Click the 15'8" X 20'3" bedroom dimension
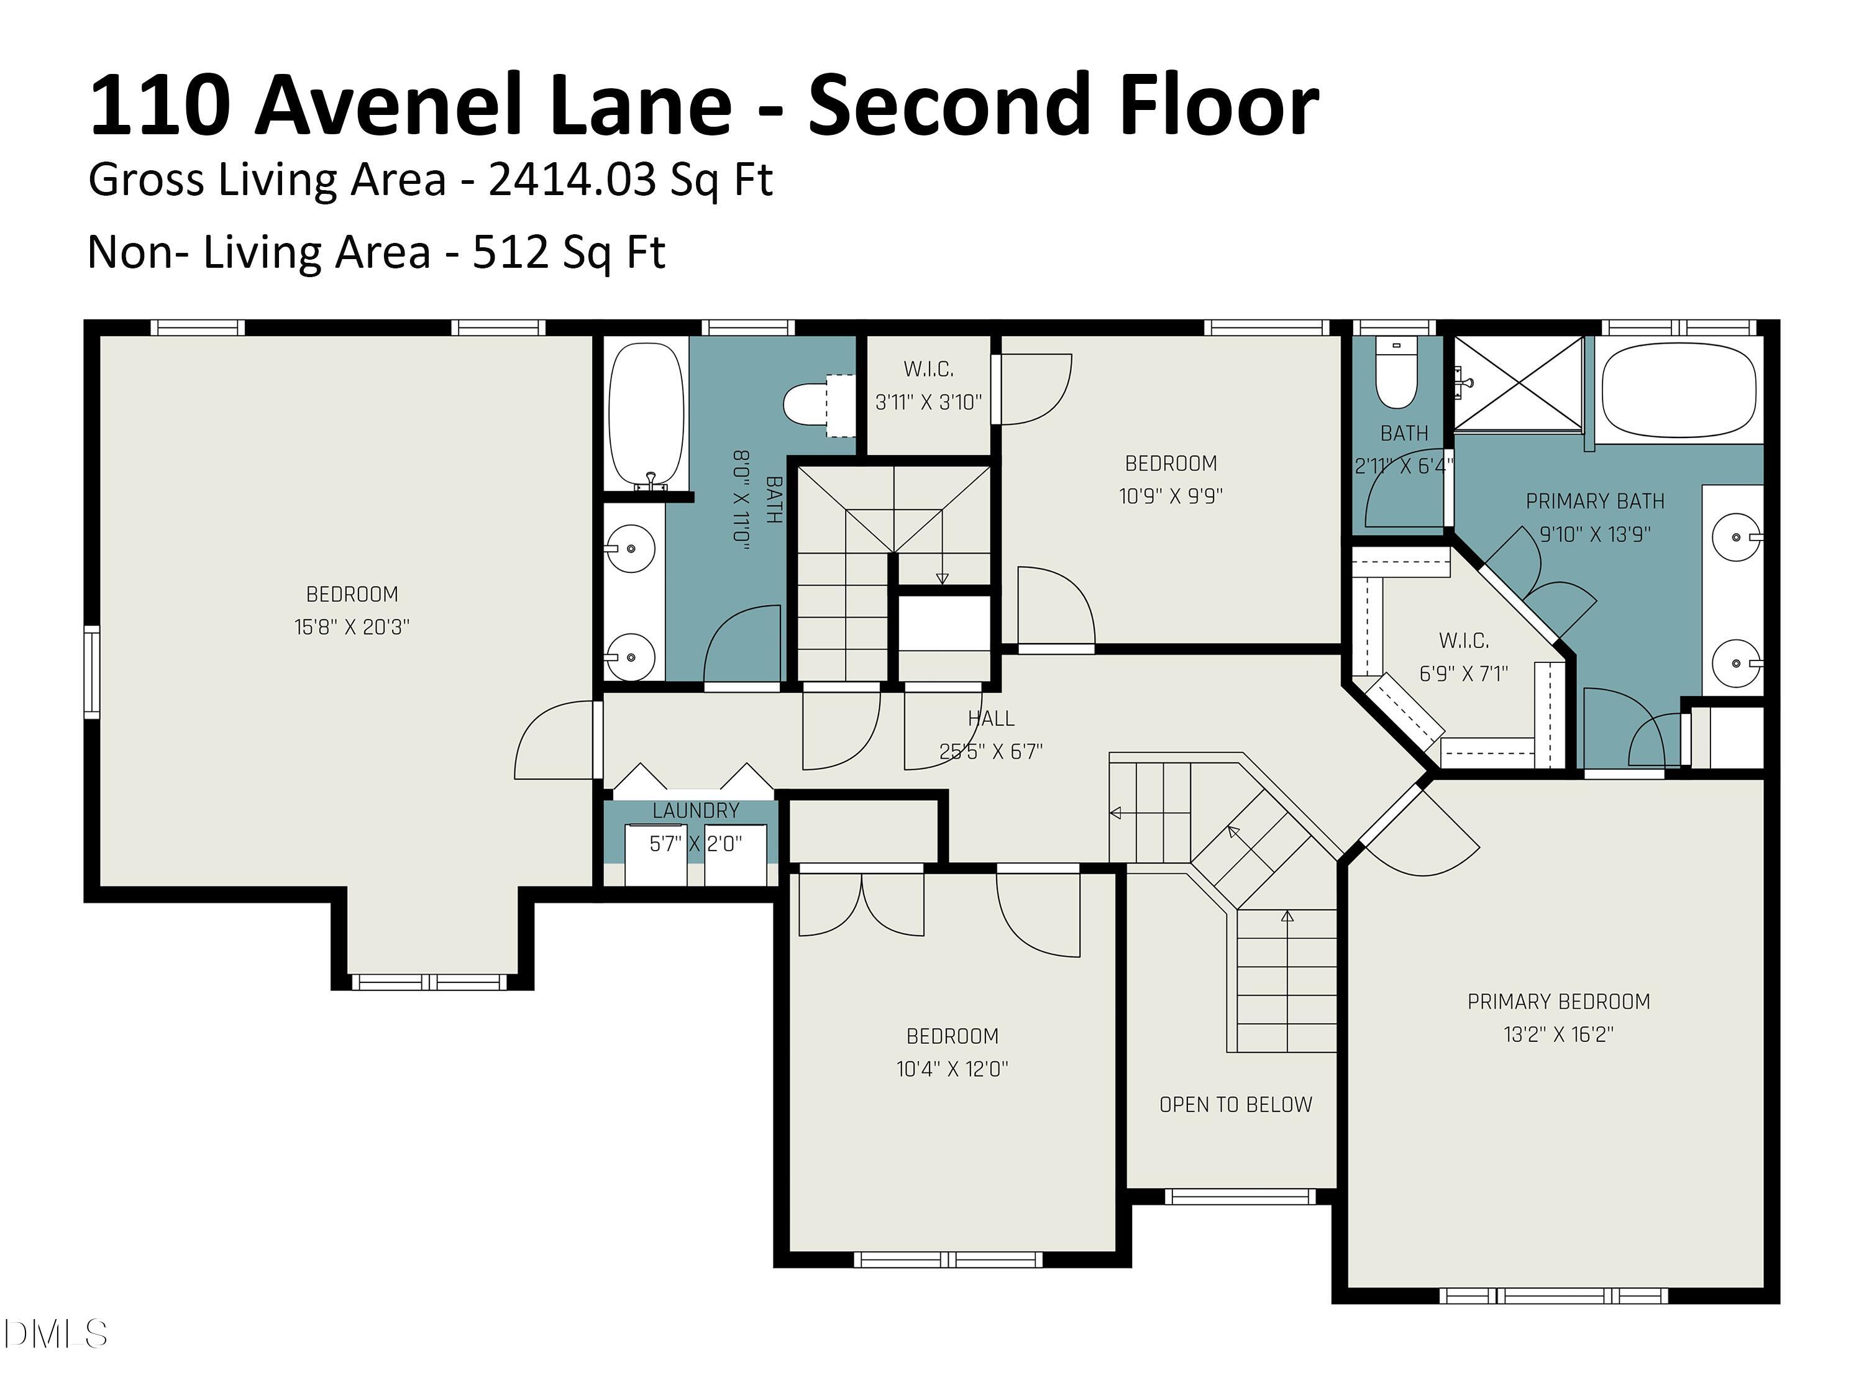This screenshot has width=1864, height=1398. [x=352, y=627]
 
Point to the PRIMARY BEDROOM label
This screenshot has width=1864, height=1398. [x=1558, y=1001]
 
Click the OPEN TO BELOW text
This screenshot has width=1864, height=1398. [x=1235, y=1105]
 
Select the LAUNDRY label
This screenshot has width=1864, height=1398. [x=695, y=811]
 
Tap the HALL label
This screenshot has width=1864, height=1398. [x=991, y=719]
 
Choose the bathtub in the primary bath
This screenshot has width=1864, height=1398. [x=1678, y=390]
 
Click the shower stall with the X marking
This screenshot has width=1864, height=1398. [x=1519, y=384]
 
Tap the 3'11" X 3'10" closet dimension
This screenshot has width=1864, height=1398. [x=928, y=402]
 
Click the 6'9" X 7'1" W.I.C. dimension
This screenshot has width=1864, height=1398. [x=1464, y=674]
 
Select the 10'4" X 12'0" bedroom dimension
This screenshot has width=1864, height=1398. [x=953, y=1069]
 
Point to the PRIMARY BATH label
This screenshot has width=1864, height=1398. [x=1594, y=501]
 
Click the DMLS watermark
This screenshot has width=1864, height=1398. [x=56, y=1334]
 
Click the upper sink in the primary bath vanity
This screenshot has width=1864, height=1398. [x=1737, y=537]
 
